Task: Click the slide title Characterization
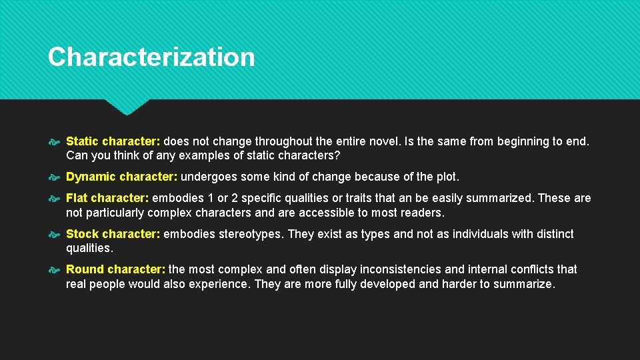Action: click(151, 57)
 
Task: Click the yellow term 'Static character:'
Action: click(113, 141)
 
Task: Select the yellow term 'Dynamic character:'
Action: click(122, 177)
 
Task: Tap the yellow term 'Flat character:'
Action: click(107, 198)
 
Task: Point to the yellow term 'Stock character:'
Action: click(113, 234)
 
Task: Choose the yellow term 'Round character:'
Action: click(115, 269)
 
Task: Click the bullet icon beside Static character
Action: click(55, 142)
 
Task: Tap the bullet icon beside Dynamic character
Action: click(55, 177)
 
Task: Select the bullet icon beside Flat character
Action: click(55, 199)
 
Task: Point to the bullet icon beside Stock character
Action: click(55, 235)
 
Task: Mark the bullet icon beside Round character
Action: click(55, 270)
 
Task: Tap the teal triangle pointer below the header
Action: click(127, 106)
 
